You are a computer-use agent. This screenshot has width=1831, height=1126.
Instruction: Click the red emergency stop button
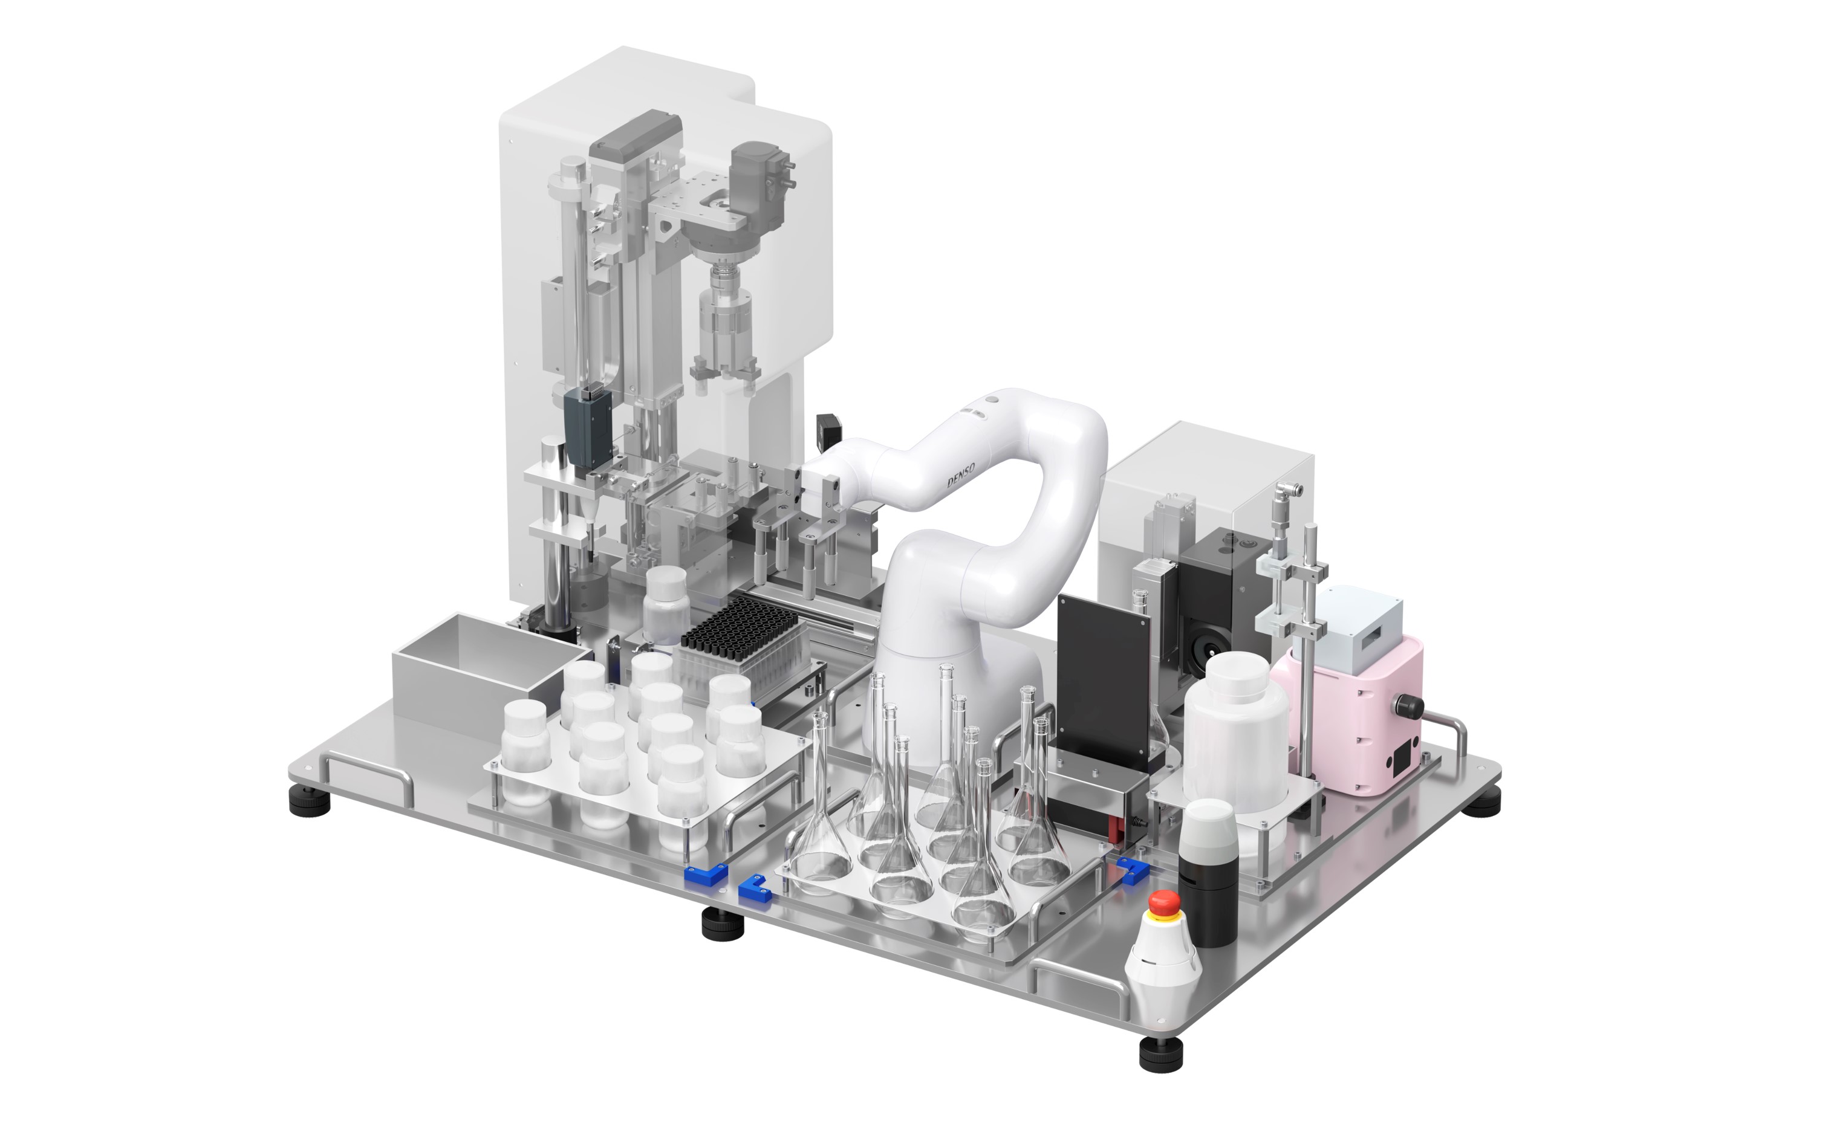click(1164, 904)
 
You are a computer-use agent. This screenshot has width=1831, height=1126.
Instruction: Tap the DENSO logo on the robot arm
click(960, 474)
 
